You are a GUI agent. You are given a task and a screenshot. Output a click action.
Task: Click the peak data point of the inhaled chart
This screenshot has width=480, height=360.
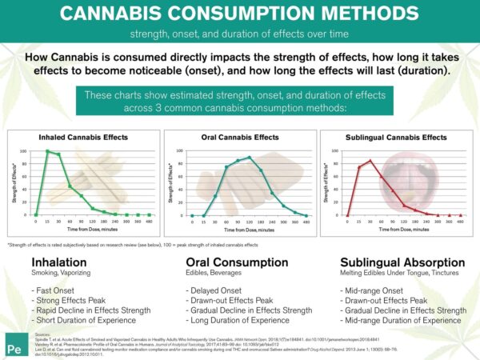tap(48, 151)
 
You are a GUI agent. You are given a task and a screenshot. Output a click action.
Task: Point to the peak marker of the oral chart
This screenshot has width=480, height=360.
tap(250, 158)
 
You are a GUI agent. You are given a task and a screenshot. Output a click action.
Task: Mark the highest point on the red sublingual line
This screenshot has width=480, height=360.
tap(370, 161)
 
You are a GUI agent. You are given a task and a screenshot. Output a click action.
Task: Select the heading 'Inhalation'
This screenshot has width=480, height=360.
tap(54, 262)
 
